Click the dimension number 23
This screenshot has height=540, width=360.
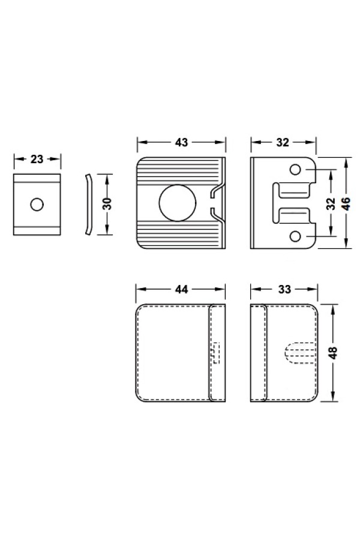click(37, 159)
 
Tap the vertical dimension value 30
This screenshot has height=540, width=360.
click(107, 204)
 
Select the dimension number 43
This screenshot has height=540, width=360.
click(182, 142)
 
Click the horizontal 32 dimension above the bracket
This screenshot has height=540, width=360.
click(283, 142)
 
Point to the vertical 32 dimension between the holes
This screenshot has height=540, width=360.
click(330, 204)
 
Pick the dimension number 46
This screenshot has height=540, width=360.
click(346, 204)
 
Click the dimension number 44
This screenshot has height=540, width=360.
click(182, 289)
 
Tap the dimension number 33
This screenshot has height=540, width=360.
click(284, 289)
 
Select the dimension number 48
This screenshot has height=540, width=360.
click(333, 353)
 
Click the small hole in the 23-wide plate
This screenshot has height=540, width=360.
click(37, 205)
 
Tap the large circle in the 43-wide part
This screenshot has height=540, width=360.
click(178, 203)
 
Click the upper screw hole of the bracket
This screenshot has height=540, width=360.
click(295, 169)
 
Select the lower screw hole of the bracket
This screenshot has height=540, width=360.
click(295, 236)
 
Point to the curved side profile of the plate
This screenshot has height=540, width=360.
click(89, 205)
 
